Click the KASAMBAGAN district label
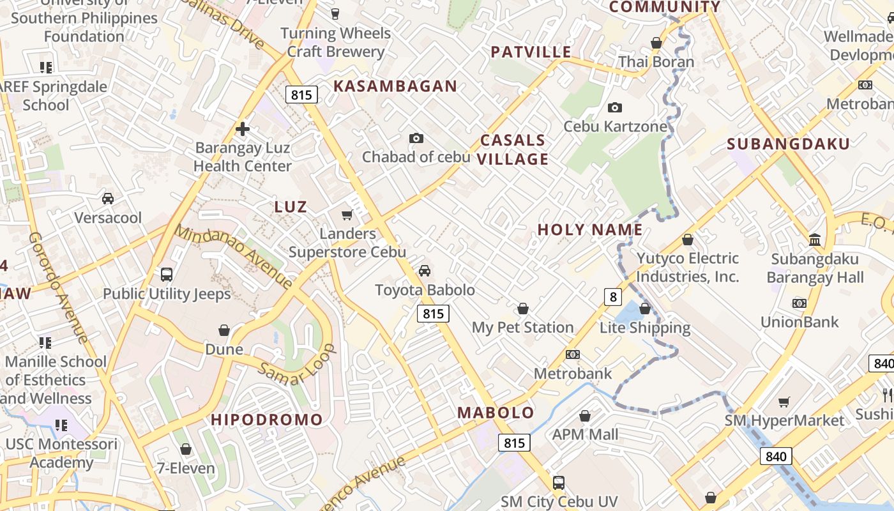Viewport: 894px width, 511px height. (395, 86)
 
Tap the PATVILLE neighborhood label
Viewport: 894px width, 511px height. (531, 52)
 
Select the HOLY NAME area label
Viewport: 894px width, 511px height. (590, 230)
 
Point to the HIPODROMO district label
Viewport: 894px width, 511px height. (267, 420)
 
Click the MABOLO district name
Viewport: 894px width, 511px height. (496, 413)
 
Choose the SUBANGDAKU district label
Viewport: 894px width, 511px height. (789, 144)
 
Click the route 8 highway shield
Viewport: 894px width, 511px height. (613, 296)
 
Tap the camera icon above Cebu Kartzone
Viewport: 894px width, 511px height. (615, 107)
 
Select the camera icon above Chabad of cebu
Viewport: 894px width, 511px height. (416, 138)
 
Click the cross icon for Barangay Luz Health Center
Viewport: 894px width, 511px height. (243, 129)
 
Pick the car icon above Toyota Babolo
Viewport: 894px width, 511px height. (425, 271)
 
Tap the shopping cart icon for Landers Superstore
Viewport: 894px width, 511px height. (347, 215)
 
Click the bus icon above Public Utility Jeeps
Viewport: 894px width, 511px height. (167, 275)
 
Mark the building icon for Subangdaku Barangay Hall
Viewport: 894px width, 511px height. (815, 240)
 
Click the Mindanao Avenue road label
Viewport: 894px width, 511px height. (234, 257)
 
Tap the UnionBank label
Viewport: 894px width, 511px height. (799, 322)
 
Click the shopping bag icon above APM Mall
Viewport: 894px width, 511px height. (585, 416)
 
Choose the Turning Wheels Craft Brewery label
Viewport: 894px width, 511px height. (336, 42)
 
